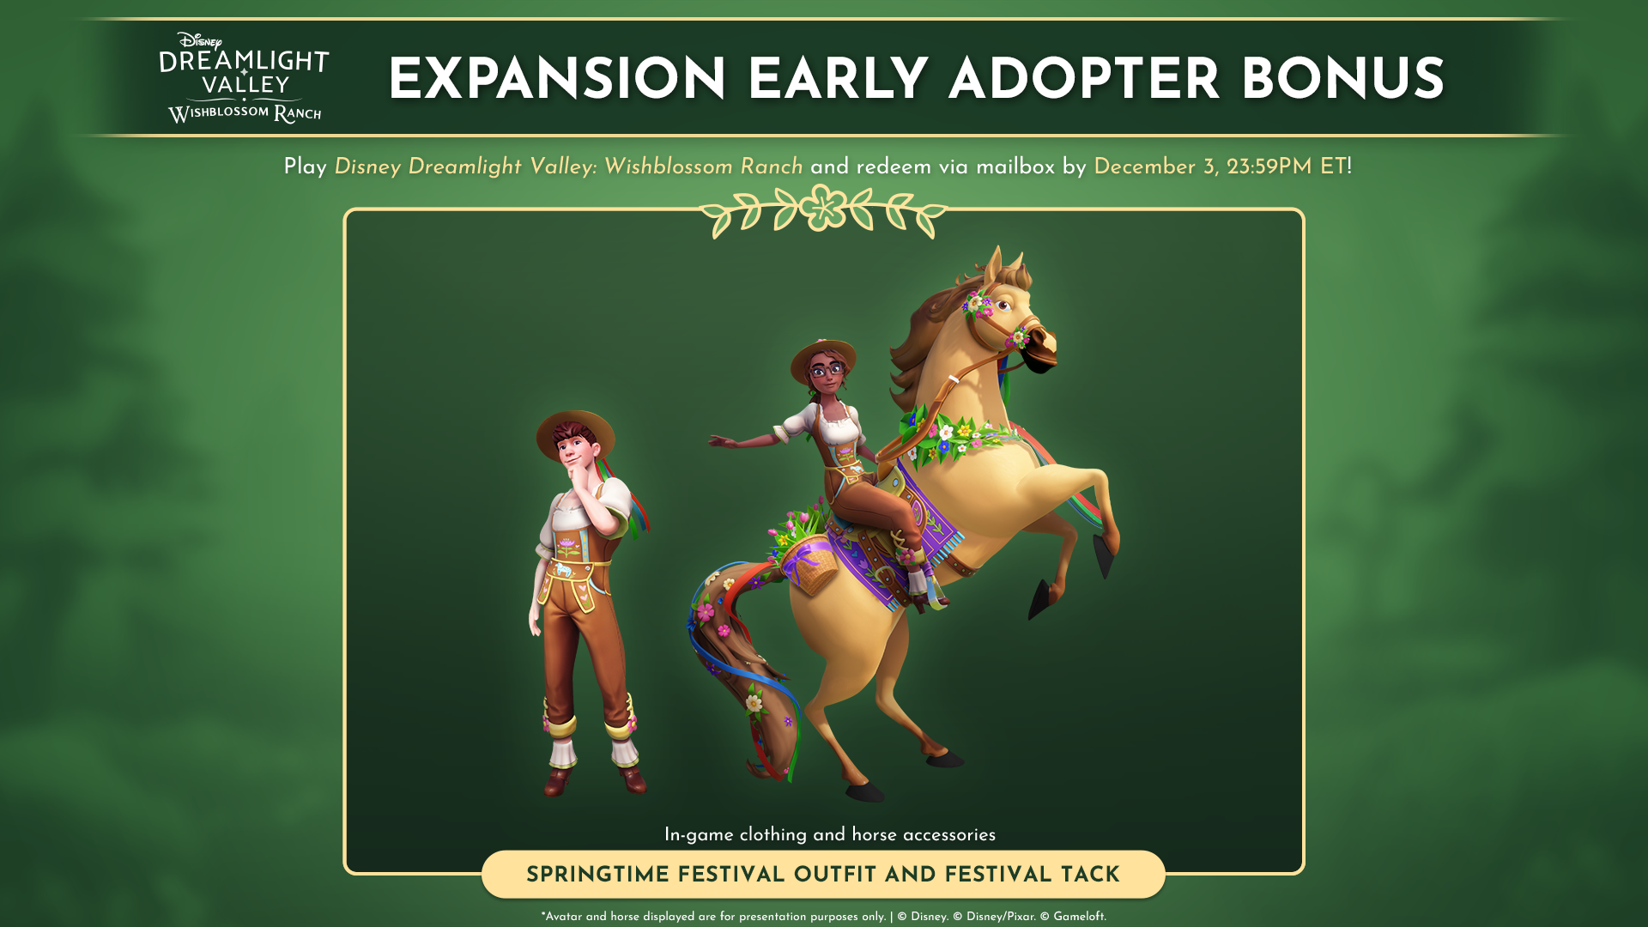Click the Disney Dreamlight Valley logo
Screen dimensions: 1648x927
pos(245,78)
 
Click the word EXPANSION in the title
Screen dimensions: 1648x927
pos(558,81)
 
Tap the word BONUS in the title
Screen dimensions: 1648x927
pos(1343,81)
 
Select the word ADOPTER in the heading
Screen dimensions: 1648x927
pos(1084,81)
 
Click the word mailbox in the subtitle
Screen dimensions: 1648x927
pos(1015,167)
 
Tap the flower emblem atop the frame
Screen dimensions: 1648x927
pos(823,207)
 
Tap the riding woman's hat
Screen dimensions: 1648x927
pos(822,355)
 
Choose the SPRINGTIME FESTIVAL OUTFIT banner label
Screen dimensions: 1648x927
pos(823,875)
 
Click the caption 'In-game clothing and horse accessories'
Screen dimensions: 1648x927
pos(830,835)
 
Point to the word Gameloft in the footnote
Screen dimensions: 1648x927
pos(1079,917)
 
